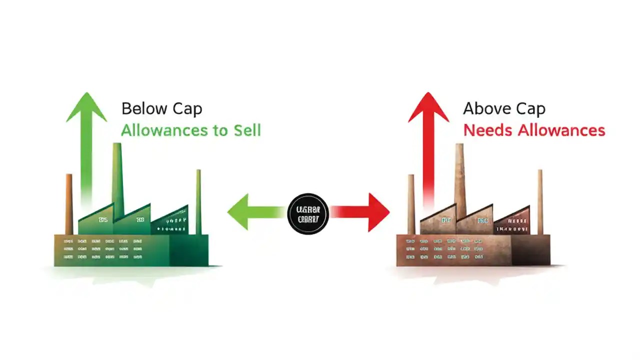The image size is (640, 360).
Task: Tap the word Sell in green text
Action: (247, 130)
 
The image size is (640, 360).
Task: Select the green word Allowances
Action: (163, 130)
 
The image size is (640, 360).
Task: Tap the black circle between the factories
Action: (308, 213)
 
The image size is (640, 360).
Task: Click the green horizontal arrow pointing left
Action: (255, 212)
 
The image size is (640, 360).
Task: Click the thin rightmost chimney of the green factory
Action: (198, 200)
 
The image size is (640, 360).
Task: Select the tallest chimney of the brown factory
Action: (459, 175)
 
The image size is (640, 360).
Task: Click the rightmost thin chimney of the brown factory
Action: (540, 200)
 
